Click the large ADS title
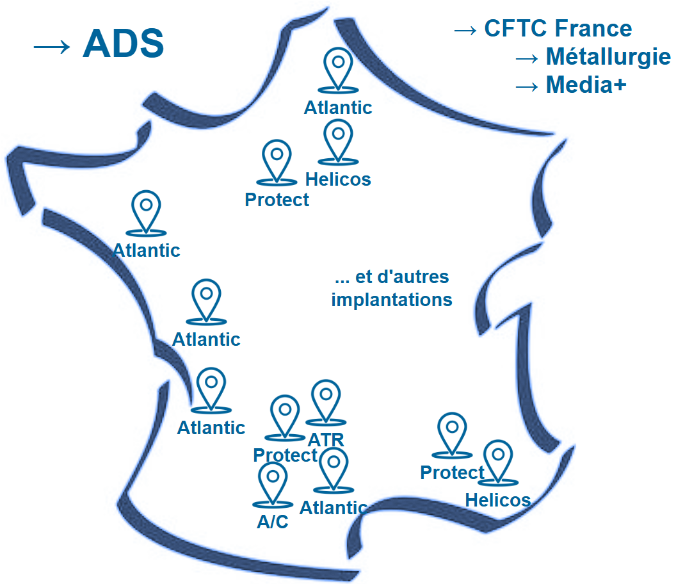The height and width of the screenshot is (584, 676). [124, 44]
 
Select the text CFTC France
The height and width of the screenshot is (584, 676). [558, 29]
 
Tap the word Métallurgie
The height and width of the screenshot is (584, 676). [608, 57]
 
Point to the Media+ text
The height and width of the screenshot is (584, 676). [586, 85]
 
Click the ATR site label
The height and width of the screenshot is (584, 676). [326, 441]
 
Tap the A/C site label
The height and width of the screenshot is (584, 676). [273, 523]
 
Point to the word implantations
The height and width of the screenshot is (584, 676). [392, 300]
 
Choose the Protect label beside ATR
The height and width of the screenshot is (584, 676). [285, 455]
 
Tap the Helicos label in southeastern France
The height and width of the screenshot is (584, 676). [498, 500]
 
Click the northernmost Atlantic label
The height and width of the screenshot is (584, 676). [338, 108]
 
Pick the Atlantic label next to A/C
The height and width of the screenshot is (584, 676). [333, 508]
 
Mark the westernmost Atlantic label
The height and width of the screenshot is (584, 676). [147, 250]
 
